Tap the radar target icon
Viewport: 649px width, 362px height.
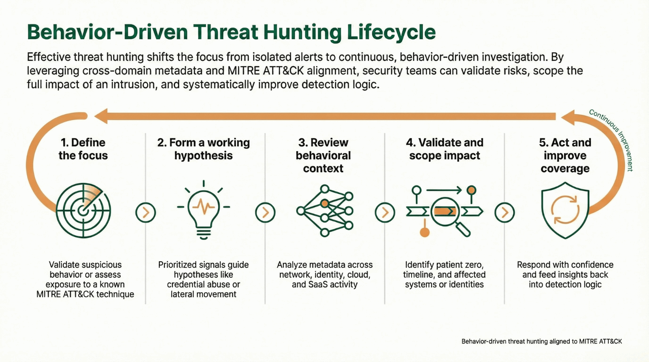tap(83, 210)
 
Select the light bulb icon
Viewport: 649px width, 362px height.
tap(204, 210)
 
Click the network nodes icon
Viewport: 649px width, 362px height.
tap(325, 210)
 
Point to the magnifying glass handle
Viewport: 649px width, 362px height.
tap(463, 229)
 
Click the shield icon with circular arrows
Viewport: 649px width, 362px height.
tap(565, 210)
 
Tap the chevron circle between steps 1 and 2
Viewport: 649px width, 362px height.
tap(146, 213)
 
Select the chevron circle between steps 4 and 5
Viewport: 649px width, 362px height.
tap(504, 213)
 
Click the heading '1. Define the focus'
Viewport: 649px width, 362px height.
tap(83, 149)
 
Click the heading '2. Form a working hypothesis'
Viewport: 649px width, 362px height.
tap(203, 149)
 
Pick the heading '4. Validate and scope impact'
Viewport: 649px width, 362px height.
tap(444, 149)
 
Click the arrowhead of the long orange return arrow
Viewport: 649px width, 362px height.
tap(101, 116)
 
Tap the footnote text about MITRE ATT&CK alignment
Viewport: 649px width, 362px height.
tap(541, 341)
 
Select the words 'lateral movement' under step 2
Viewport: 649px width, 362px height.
tap(203, 294)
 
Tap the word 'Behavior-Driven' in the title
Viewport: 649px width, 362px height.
tap(107, 32)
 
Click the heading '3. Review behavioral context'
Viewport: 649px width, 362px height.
tap(323, 155)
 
